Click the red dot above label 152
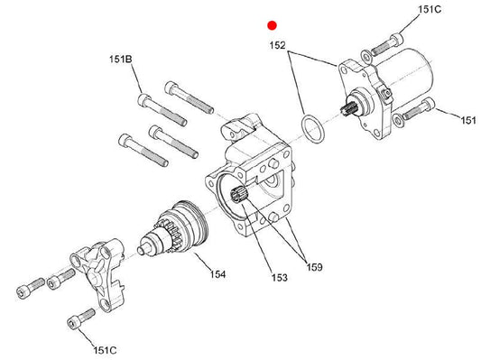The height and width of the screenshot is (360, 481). coord(272,25)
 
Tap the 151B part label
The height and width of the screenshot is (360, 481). coord(121,59)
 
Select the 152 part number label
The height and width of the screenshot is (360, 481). coord(277,45)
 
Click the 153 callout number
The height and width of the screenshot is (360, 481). coord(280,278)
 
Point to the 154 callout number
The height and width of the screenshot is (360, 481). coord(217,273)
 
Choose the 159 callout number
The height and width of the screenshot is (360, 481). coord(314,267)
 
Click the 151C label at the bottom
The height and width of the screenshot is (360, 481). coord(105,350)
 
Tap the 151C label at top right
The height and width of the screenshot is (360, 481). coord(430,10)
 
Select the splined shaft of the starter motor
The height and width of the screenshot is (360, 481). coord(348,109)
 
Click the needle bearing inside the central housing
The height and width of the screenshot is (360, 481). coord(239,195)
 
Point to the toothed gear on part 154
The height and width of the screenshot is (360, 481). coord(168,234)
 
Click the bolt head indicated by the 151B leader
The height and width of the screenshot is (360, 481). coord(143,100)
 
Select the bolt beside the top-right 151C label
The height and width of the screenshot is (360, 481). coord(387,45)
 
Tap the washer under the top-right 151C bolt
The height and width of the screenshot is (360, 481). coord(366,56)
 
